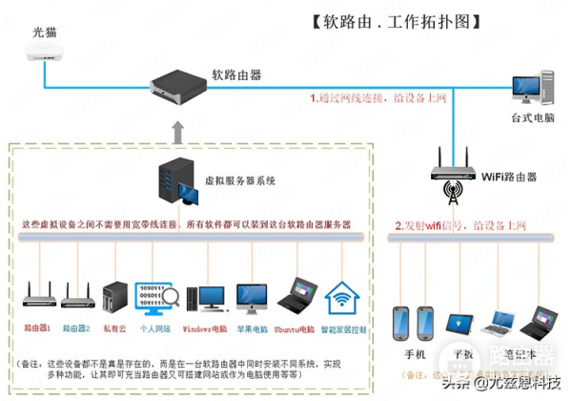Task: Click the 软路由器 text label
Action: click(237, 74)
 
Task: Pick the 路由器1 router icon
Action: click(37, 297)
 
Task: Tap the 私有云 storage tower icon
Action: click(114, 297)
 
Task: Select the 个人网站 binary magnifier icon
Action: click(154, 297)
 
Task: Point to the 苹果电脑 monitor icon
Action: click(253, 297)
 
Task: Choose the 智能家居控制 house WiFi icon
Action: click(342, 298)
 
